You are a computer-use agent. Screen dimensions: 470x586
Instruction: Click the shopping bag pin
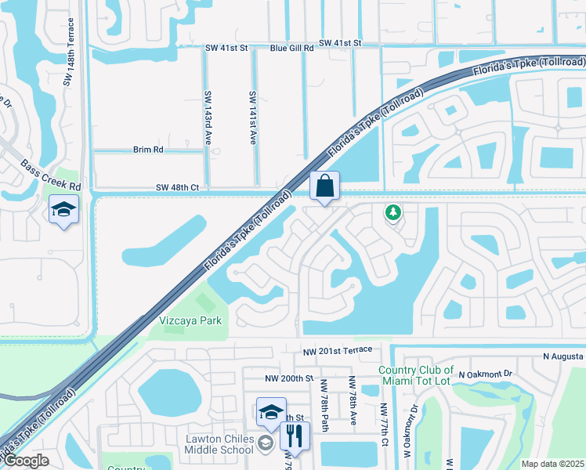click(325, 187)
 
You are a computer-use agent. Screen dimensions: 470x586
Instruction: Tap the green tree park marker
click(393, 212)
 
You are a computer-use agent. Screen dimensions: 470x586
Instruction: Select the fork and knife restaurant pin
click(295, 436)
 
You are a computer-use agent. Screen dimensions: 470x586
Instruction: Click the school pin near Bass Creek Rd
click(63, 210)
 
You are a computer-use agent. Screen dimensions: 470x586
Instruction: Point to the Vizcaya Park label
click(190, 320)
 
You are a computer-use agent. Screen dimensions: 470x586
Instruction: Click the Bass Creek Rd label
click(52, 176)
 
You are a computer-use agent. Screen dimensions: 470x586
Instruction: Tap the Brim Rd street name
click(148, 149)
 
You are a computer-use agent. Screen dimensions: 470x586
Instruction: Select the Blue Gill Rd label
click(291, 48)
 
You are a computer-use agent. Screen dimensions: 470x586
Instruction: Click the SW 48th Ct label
click(178, 187)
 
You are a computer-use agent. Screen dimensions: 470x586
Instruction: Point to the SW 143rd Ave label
click(209, 118)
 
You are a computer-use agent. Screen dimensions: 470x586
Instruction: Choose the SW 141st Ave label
click(253, 118)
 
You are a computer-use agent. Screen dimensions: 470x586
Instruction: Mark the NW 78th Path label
click(323, 404)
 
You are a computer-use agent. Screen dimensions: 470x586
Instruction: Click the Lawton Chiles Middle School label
click(219, 443)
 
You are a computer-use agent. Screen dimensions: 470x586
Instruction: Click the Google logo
click(26, 461)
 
